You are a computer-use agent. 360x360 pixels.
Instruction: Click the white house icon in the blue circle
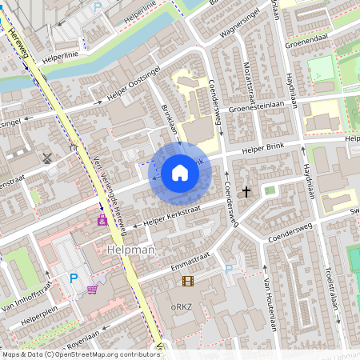pyautogui.click(x=180, y=172)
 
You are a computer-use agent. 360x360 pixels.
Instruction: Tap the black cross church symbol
pyautogui.click(x=246, y=192)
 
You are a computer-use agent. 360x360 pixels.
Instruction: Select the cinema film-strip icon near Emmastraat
pyautogui.click(x=187, y=281)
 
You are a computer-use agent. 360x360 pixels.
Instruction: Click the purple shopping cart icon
pyautogui.click(x=93, y=290)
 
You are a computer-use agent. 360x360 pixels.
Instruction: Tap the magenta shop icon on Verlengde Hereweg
pyautogui.click(x=102, y=219)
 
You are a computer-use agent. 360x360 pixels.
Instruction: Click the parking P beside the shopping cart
pyautogui.click(x=74, y=278)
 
